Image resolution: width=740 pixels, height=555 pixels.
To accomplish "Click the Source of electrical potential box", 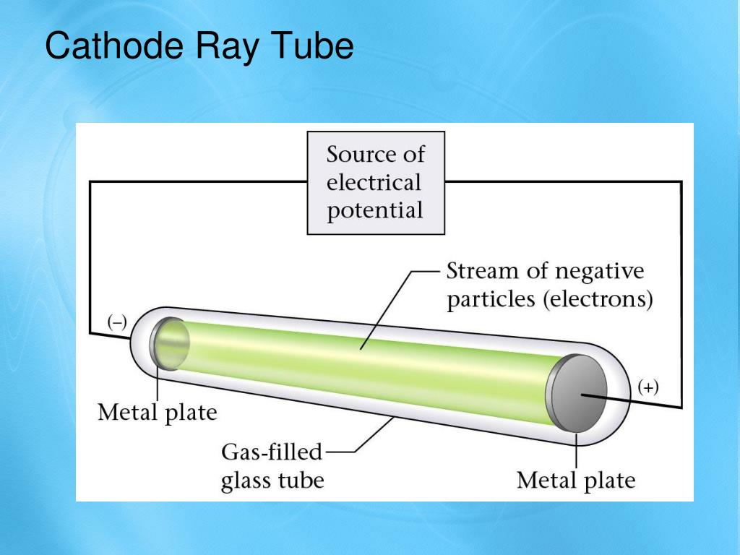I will (x=376, y=183).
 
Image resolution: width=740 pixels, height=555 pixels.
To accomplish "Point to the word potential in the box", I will (x=375, y=211).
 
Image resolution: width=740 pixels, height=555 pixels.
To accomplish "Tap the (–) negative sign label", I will (x=117, y=323).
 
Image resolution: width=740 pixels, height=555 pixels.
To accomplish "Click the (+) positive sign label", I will (x=648, y=388).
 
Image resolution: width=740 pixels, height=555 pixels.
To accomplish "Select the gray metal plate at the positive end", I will (x=579, y=395).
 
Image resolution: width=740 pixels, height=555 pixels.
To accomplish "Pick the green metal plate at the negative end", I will (x=171, y=344).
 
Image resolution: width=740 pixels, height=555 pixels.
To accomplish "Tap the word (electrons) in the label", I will (x=599, y=300).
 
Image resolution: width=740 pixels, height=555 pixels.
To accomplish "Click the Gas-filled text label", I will (x=272, y=453).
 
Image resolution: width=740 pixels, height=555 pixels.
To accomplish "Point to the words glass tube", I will (x=272, y=481).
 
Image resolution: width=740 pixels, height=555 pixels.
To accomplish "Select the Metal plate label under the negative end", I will (x=158, y=413).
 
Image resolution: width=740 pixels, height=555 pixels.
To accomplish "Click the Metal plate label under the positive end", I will (x=576, y=481).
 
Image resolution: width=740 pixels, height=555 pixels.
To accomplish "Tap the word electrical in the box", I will (x=374, y=183).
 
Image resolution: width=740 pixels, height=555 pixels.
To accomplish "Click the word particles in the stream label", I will (x=491, y=300).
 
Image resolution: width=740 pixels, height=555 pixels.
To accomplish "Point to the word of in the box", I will (x=414, y=155).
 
